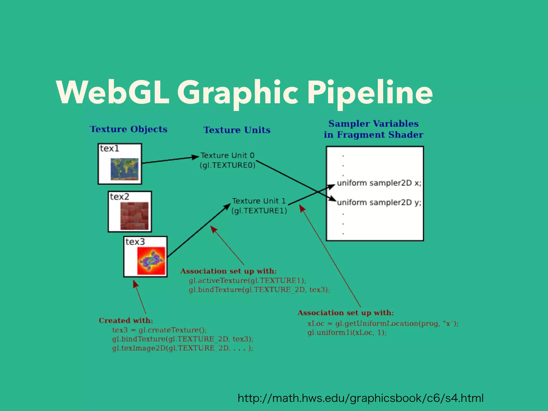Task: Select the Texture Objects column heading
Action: click(x=128, y=129)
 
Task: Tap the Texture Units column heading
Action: click(x=237, y=130)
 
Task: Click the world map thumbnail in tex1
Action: click(x=125, y=169)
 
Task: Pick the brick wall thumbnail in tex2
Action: click(x=134, y=216)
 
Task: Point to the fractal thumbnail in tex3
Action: click(x=151, y=261)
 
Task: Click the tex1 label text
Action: click(x=109, y=149)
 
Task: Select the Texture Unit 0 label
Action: click(x=227, y=155)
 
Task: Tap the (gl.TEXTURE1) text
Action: click(x=259, y=211)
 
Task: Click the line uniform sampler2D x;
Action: click(x=379, y=183)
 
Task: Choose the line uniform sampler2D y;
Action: click(x=379, y=203)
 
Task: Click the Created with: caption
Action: click(x=126, y=321)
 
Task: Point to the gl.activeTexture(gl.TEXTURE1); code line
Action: click(x=247, y=281)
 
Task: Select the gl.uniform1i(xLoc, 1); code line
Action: click(x=347, y=333)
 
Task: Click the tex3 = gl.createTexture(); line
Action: click(x=159, y=330)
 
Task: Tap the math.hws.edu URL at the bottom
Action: click(x=360, y=398)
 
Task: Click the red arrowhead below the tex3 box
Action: click(x=135, y=284)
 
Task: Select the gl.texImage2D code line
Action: click(x=182, y=348)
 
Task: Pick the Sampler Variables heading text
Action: click(x=373, y=124)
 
